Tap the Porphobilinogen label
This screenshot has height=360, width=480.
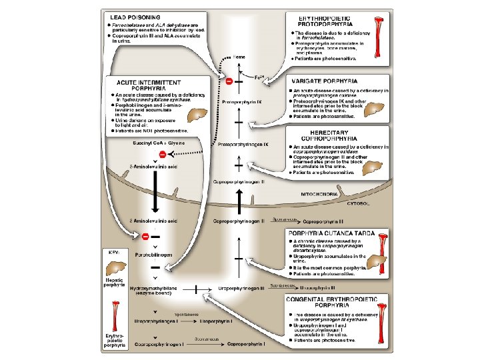[x=155, y=255]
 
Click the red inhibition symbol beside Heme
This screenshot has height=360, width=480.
[x=229, y=81]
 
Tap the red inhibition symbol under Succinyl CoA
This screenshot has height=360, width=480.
[x=161, y=155]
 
